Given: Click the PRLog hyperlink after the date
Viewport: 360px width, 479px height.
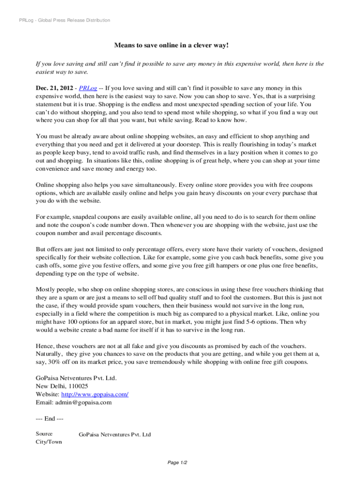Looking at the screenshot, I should [88, 88].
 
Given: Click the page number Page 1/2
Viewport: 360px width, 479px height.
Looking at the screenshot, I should [178, 463].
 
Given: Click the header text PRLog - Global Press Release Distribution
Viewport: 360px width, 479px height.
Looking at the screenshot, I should [62, 21].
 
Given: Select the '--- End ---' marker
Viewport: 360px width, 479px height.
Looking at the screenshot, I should [50, 419].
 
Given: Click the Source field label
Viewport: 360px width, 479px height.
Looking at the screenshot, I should [44, 434].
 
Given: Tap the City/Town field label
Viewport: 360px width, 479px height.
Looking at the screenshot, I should [49, 442].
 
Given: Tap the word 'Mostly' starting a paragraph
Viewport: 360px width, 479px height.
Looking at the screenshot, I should [46, 290].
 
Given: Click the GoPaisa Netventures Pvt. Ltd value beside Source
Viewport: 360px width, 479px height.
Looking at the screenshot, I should [115, 435].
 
